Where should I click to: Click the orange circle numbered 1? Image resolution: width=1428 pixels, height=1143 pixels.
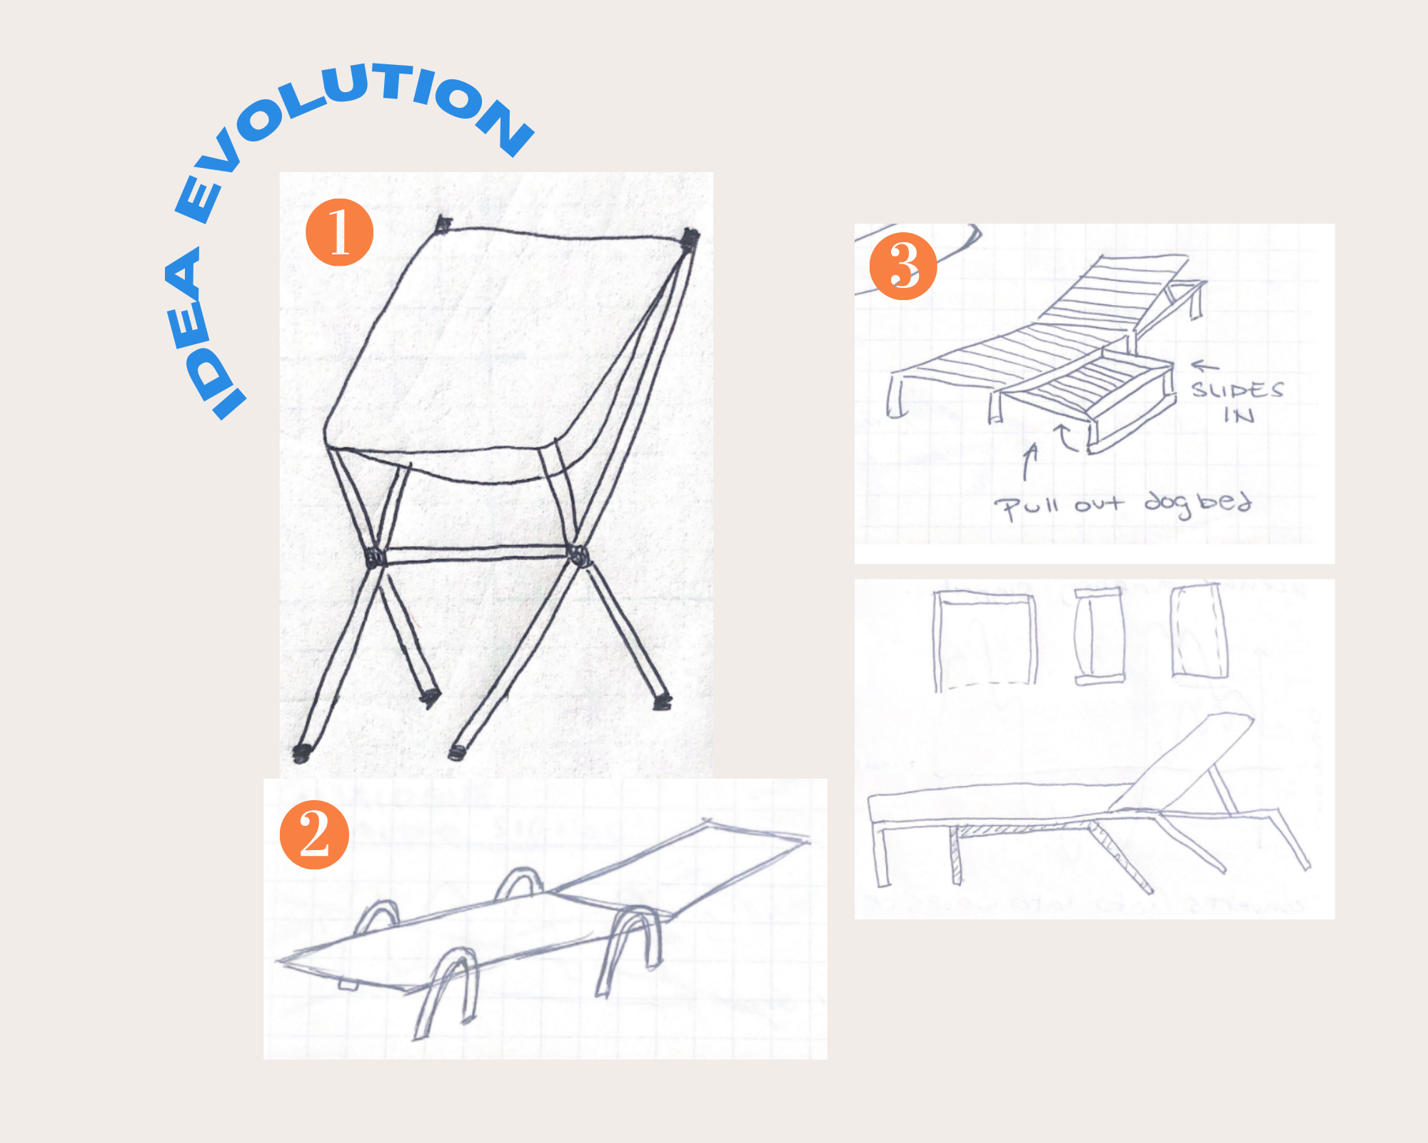pos(339,233)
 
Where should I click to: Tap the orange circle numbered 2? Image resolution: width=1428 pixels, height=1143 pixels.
pos(314,834)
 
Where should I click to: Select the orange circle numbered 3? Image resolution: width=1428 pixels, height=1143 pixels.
pos(903,266)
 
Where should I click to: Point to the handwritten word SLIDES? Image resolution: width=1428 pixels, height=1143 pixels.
pos(1237,390)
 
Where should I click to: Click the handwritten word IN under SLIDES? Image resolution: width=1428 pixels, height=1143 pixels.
pos(1239,415)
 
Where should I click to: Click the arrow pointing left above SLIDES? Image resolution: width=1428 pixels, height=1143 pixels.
pos(1205,366)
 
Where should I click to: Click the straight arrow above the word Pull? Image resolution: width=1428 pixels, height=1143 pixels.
pos(1030,461)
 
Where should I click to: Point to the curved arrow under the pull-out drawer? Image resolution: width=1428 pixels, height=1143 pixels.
pos(1066,437)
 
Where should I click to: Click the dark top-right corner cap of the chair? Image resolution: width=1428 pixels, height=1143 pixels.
pos(689,239)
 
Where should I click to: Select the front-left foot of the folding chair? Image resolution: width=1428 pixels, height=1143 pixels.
pos(302,752)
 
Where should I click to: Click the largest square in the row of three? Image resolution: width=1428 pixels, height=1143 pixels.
pos(984,640)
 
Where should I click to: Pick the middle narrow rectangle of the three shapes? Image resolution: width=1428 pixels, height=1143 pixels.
pos(1099,637)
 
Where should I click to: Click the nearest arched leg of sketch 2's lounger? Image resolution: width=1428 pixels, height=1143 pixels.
pos(446,989)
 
